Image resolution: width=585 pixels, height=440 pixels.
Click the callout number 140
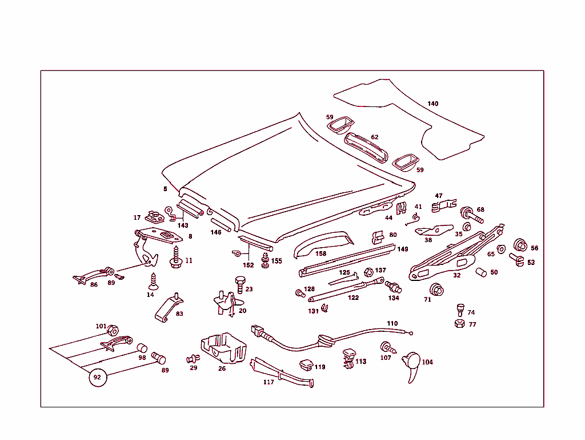pos(432,104)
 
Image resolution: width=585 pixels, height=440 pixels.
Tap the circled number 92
pos(97,378)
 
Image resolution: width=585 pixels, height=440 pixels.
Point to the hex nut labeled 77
pos(459,324)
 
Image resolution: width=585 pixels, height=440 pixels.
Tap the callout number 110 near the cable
pos(392,323)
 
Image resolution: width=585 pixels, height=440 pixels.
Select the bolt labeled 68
pos(471,214)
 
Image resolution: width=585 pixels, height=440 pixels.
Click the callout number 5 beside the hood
pos(165,188)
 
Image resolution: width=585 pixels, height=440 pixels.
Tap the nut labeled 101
pos(113,330)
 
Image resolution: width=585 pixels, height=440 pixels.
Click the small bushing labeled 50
pos(481,272)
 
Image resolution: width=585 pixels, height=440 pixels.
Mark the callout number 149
pos(403,249)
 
